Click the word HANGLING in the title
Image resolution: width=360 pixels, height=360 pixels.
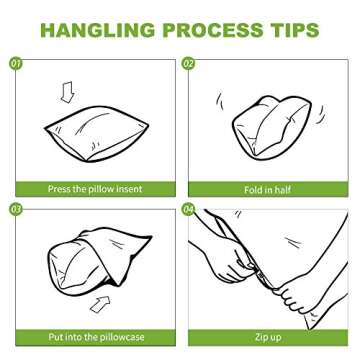98,30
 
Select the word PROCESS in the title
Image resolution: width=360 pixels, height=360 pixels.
213,30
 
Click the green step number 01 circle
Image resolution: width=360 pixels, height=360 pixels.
15,63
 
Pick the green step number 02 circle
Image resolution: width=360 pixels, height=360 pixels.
188,63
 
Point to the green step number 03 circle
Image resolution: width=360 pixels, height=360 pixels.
15,210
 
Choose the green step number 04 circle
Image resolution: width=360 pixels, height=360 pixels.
188,210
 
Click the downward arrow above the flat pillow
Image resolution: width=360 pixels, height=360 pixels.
68,91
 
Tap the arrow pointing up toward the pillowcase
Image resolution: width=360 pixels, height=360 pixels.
101,305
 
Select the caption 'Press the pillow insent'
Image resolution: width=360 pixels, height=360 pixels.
95,189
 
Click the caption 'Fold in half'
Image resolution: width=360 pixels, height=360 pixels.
268,190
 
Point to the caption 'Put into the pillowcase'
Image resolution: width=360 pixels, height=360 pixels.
96,337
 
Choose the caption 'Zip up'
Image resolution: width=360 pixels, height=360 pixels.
268,337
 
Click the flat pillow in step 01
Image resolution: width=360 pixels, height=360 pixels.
97,133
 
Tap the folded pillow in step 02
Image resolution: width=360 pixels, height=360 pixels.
272,127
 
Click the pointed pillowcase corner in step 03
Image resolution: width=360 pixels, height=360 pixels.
147,239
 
